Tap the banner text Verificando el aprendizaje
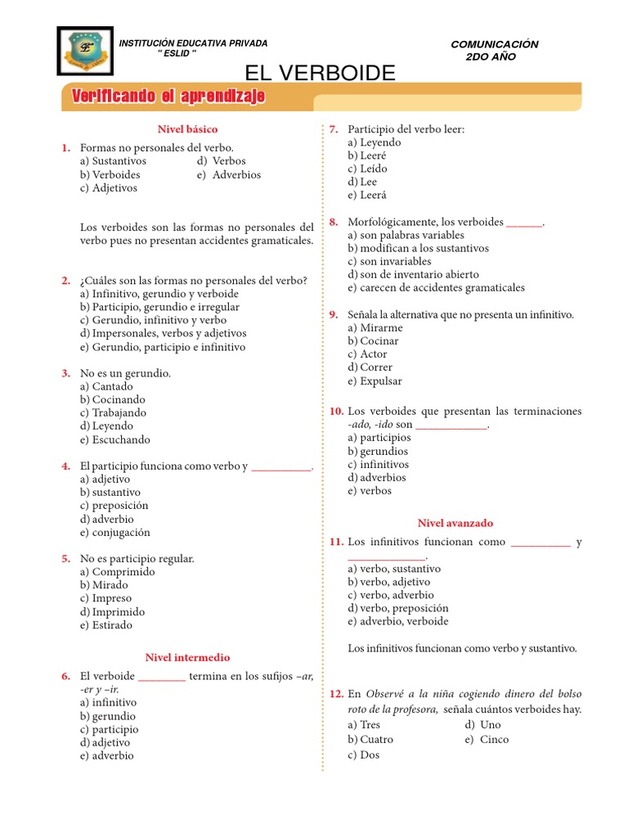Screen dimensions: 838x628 pos(168,97)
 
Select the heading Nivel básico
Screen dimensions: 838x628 pos(187,129)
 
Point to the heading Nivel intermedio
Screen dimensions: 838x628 pos(187,657)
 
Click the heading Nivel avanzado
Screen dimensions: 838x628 pos(455,523)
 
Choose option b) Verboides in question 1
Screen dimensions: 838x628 pos(110,174)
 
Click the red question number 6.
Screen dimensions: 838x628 pos(66,676)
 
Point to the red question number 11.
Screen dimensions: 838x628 pos(336,542)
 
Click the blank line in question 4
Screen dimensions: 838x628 pos(281,467)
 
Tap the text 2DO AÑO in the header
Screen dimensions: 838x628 pos(491,56)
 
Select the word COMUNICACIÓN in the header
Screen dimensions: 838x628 pos(495,44)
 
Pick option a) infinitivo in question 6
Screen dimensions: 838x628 pos(109,702)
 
